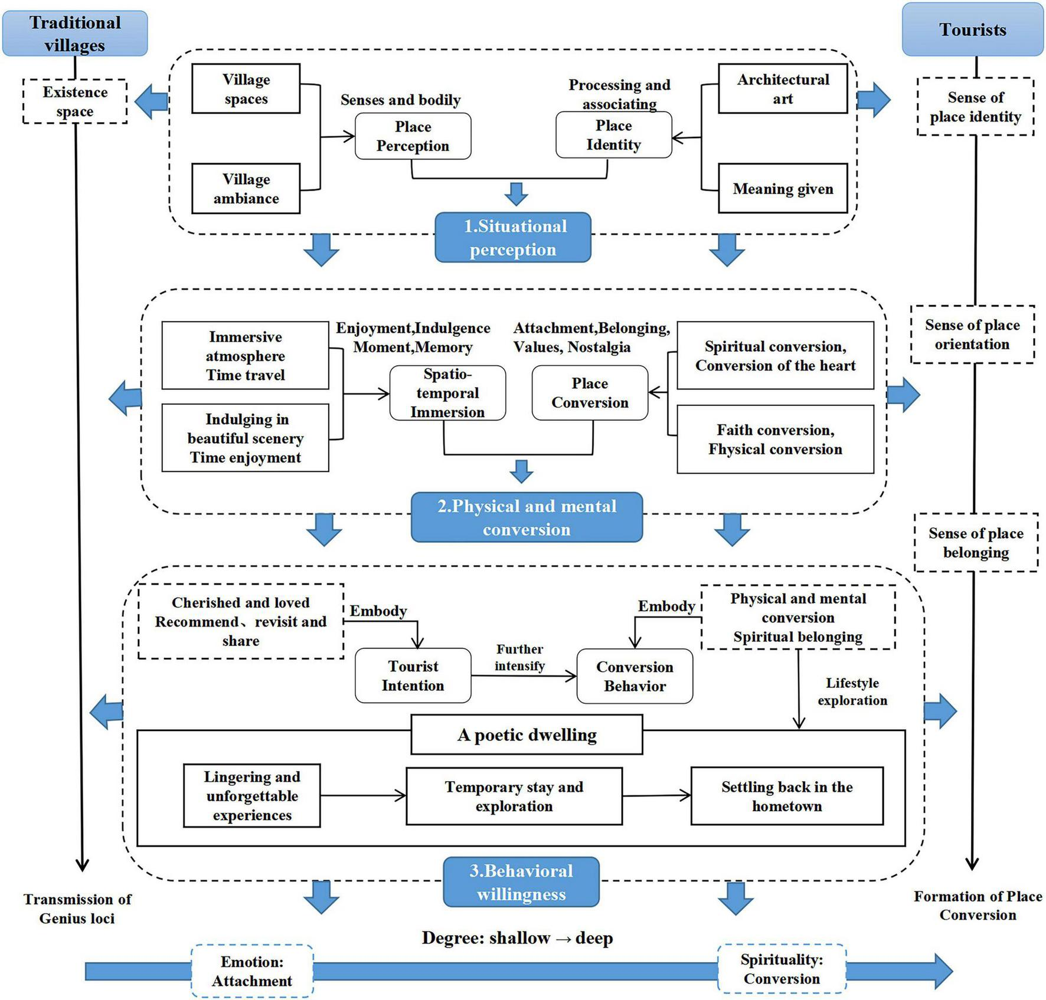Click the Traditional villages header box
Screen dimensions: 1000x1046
pyautogui.click(x=75, y=34)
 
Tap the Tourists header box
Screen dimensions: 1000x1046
pyautogui.click(x=972, y=30)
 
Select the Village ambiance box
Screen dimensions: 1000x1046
pyautogui.click(x=246, y=189)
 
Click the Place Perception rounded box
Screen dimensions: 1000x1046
pyautogui.click(x=413, y=136)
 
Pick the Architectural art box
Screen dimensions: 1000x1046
pyautogui.click(x=782, y=88)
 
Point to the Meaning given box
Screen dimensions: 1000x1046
pyautogui.click(x=782, y=189)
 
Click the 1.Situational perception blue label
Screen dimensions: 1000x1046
pyautogui.click(x=513, y=237)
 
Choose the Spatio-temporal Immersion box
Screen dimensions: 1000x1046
pyautogui.click(x=447, y=393)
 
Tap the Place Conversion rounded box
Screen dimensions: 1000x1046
pyautogui.click(x=590, y=393)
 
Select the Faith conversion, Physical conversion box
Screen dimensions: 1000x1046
pyautogui.click(x=774, y=439)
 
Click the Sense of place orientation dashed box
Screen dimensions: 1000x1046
pyautogui.click(x=972, y=335)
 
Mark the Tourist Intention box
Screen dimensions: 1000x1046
pyautogui.click(x=413, y=676)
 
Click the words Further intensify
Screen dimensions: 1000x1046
pyautogui.click(x=519, y=657)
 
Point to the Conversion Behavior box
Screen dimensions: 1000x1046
pyautogui.click(x=635, y=676)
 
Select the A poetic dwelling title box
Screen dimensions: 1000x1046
pyautogui.click(x=527, y=735)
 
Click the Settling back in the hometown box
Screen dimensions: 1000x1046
pyautogui.click(x=786, y=796)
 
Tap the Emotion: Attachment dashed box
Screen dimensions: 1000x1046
pyautogui.click(x=252, y=971)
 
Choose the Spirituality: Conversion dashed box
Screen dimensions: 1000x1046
pyautogui.click(x=782, y=969)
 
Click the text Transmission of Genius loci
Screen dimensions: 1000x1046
pyautogui.click(x=77, y=909)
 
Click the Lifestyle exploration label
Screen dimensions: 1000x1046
pyautogui.click(x=852, y=691)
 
